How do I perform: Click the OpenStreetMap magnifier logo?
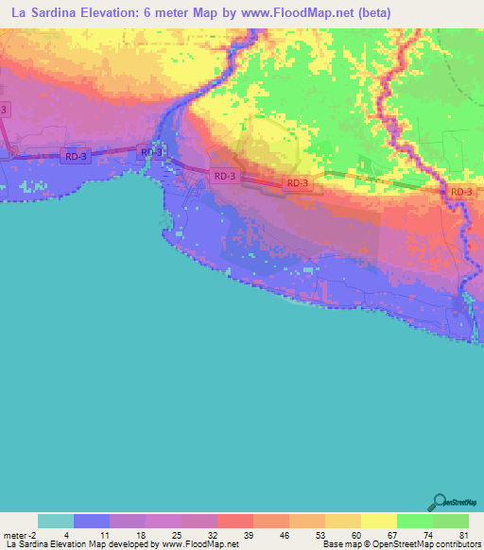coord(438,502)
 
